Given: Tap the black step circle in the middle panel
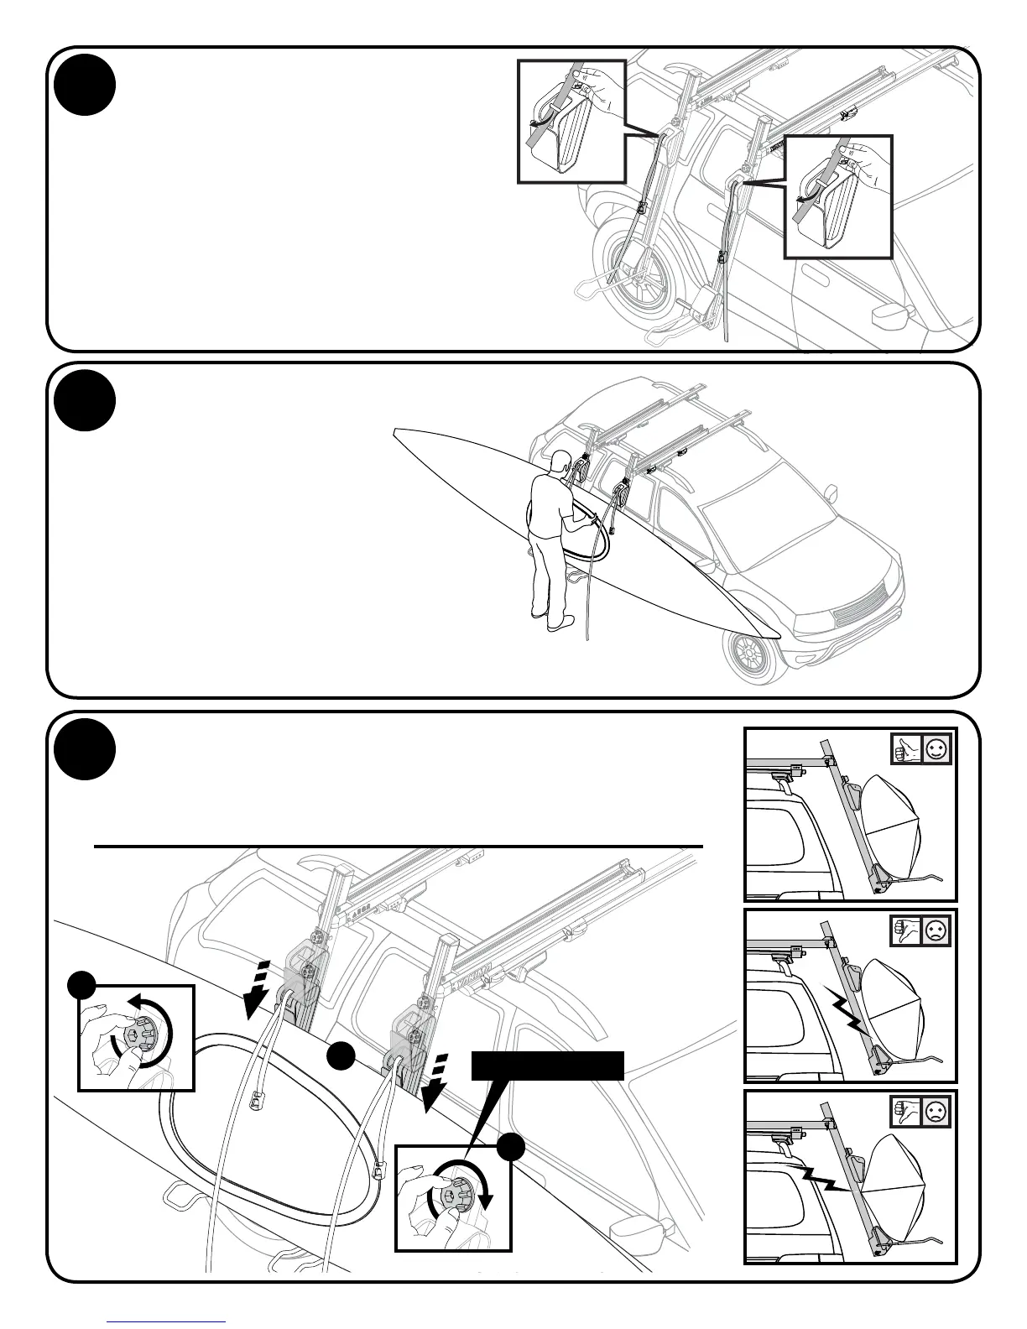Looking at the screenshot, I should tap(84, 400).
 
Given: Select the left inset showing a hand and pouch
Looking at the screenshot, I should tap(571, 121).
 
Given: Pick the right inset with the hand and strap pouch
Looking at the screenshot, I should tap(838, 195).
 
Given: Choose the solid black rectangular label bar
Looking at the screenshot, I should tap(548, 1065).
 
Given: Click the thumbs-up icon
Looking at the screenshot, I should tap(907, 750).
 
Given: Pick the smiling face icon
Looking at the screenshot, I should tap(936, 750).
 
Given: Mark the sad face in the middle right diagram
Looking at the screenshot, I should tap(936, 931).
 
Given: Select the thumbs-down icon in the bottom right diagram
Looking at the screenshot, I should tap(907, 1112).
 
